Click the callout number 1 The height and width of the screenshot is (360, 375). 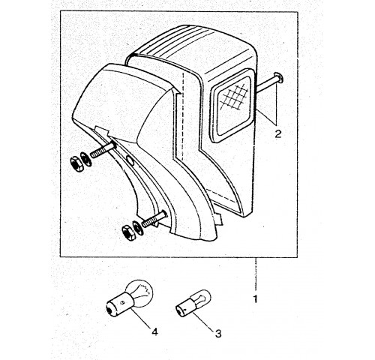(x=255, y=299)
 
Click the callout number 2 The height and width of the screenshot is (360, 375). (x=278, y=134)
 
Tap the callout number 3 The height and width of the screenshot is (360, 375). (x=218, y=333)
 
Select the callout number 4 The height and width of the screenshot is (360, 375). (x=154, y=332)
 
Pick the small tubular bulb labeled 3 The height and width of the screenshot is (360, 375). (x=193, y=303)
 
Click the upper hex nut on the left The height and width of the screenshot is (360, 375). (x=77, y=163)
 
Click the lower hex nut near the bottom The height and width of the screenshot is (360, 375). (x=128, y=232)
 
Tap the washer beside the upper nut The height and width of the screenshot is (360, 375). (x=85, y=159)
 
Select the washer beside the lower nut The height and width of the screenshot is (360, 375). (x=137, y=227)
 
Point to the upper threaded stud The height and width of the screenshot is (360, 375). (x=102, y=150)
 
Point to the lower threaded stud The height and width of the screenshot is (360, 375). (x=154, y=218)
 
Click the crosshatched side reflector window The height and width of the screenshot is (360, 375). (x=232, y=104)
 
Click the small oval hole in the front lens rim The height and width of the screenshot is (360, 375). (x=130, y=160)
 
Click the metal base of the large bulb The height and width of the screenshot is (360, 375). (x=119, y=304)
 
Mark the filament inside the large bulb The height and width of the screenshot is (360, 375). (x=143, y=291)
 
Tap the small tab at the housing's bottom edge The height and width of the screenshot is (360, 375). (x=219, y=219)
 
